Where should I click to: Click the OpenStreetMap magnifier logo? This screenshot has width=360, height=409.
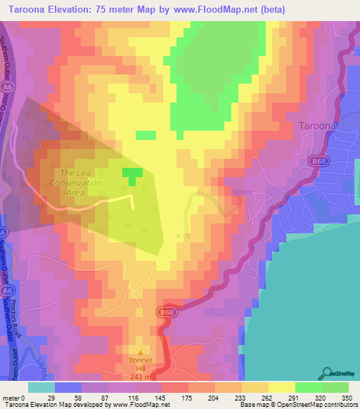pos(328,372)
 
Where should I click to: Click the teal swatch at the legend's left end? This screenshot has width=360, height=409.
pos(41,387)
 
